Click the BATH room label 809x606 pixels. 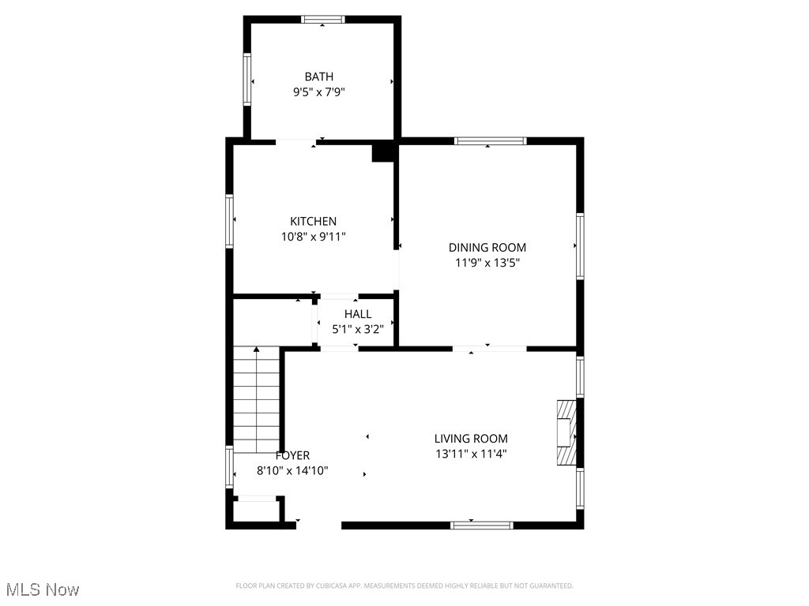(318, 77)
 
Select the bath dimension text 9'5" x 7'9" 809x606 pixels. (318, 92)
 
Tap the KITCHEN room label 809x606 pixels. (313, 222)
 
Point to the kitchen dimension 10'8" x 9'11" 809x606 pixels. (313, 236)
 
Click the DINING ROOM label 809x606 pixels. (487, 248)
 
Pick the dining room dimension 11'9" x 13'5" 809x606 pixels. (487, 263)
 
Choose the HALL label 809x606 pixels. (357, 314)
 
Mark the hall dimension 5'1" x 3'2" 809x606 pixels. (357, 329)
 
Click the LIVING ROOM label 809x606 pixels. (471, 439)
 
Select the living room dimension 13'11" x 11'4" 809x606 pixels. (471, 454)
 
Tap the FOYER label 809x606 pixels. (292, 455)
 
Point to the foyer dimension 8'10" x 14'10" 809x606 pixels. (292, 470)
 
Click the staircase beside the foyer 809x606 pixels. (257, 398)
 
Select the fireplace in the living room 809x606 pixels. (566, 433)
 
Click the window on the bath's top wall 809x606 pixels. (323, 20)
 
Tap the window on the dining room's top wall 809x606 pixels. (490, 141)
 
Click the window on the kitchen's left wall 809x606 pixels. (230, 222)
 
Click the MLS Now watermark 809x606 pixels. (43, 589)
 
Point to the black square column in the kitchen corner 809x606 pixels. (383, 152)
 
